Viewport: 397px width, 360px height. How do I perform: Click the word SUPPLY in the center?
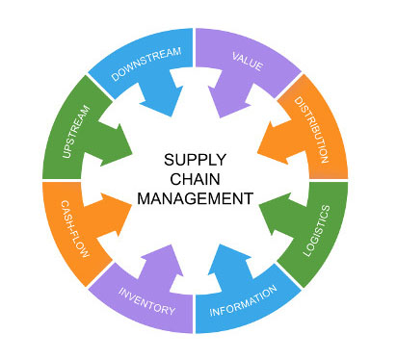click(x=195, y=160)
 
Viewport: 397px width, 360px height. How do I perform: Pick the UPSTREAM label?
click(x=68, y=128)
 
